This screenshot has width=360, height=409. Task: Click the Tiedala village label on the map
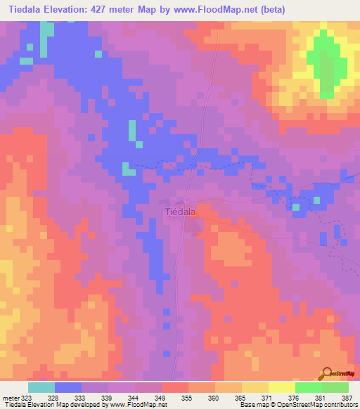(180, 211)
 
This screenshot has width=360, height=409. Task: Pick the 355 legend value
(188, 397)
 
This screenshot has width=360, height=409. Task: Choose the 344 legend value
(134, 397)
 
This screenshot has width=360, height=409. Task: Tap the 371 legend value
(268, 397)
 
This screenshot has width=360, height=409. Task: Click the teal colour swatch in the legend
(41, 387)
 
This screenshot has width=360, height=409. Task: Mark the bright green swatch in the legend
(308, 387)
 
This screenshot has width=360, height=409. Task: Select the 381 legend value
(321, 397)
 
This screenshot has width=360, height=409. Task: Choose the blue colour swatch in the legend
(68, 387)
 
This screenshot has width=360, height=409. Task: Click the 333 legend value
(81, 397)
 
